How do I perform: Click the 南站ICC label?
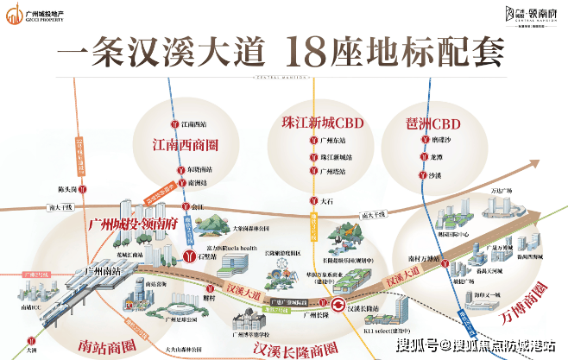[31, 306]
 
